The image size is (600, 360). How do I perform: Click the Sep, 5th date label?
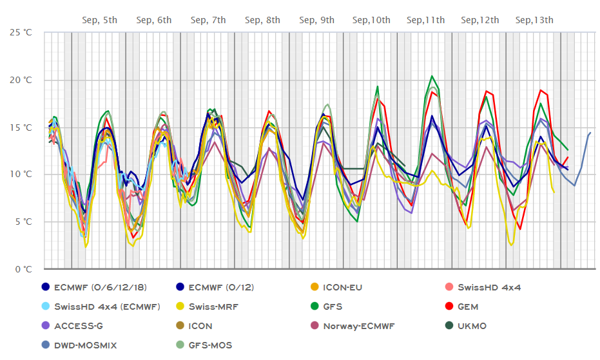pos(99,20)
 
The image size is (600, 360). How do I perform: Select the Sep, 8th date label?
pos(262,20)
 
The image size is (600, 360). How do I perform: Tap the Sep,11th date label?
pos(425,20)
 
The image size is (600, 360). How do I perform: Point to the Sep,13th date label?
pos(534,20)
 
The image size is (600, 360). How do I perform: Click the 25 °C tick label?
pos(21,32)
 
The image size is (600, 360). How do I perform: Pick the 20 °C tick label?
pos(21,80)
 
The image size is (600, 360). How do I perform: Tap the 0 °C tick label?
pos(24,269)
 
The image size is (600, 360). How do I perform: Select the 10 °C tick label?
pos(21,175)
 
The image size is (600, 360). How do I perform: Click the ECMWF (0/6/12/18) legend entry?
pos(94,287)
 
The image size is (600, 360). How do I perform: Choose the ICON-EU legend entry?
pos(336,287)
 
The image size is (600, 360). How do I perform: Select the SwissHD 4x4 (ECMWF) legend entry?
pos(101,307)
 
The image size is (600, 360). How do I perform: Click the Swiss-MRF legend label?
pos(213,307)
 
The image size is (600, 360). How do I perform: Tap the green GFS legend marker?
pos(315,307)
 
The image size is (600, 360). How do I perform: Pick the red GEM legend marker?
pos(449,307)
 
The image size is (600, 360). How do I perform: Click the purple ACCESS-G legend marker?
pos(46,326)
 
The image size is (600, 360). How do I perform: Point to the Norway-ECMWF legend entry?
pos(353,326)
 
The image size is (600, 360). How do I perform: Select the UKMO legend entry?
pos(466,326)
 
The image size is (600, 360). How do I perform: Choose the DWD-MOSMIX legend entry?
pos(79,345)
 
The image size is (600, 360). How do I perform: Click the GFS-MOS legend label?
pos(211,345)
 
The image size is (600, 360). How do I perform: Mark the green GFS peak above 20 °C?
pos(432,76)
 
